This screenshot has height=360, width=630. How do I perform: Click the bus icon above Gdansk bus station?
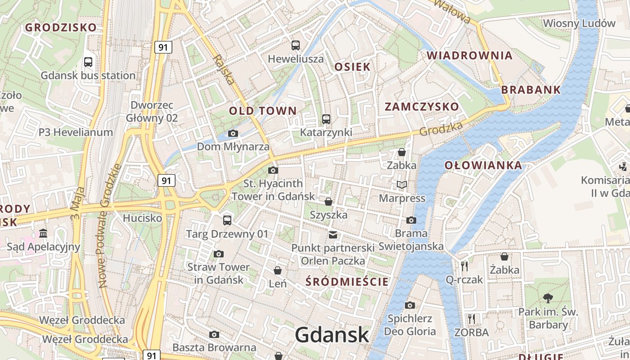[x=88, y=62]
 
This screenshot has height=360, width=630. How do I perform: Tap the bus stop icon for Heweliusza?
[x=296, y=45]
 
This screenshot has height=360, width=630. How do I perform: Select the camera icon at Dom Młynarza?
[x=233, y=133]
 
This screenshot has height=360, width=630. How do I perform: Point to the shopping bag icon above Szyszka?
[x=328, y=202]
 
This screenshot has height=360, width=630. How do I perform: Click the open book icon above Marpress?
[x=402, y=184]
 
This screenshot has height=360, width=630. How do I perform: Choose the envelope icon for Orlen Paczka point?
[x=333, y=234]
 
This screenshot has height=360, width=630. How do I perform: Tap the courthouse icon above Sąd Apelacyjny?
[x=44, y=233]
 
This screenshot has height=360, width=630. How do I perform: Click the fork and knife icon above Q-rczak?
[x=465, y=266]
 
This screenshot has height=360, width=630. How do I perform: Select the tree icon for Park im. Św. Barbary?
[x=548, y=298]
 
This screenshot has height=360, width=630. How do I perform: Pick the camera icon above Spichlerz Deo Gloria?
[x=410, y=305]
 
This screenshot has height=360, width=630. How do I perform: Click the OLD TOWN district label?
[x=263, y=111]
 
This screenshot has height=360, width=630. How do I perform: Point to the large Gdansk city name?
[x=332, y=335]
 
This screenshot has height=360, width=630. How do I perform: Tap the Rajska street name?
[x=224, y=69]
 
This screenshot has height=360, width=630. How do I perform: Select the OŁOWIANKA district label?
[x=483, y=165]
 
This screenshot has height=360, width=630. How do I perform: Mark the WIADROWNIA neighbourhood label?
[x=470, y=55]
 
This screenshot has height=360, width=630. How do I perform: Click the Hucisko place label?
[x=142, y=218]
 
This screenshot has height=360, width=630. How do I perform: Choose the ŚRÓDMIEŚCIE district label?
[x=346, y=282]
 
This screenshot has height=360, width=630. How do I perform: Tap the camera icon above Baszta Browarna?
[x=214, y=334]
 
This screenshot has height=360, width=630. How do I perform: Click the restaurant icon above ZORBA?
[x=472, y=319]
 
